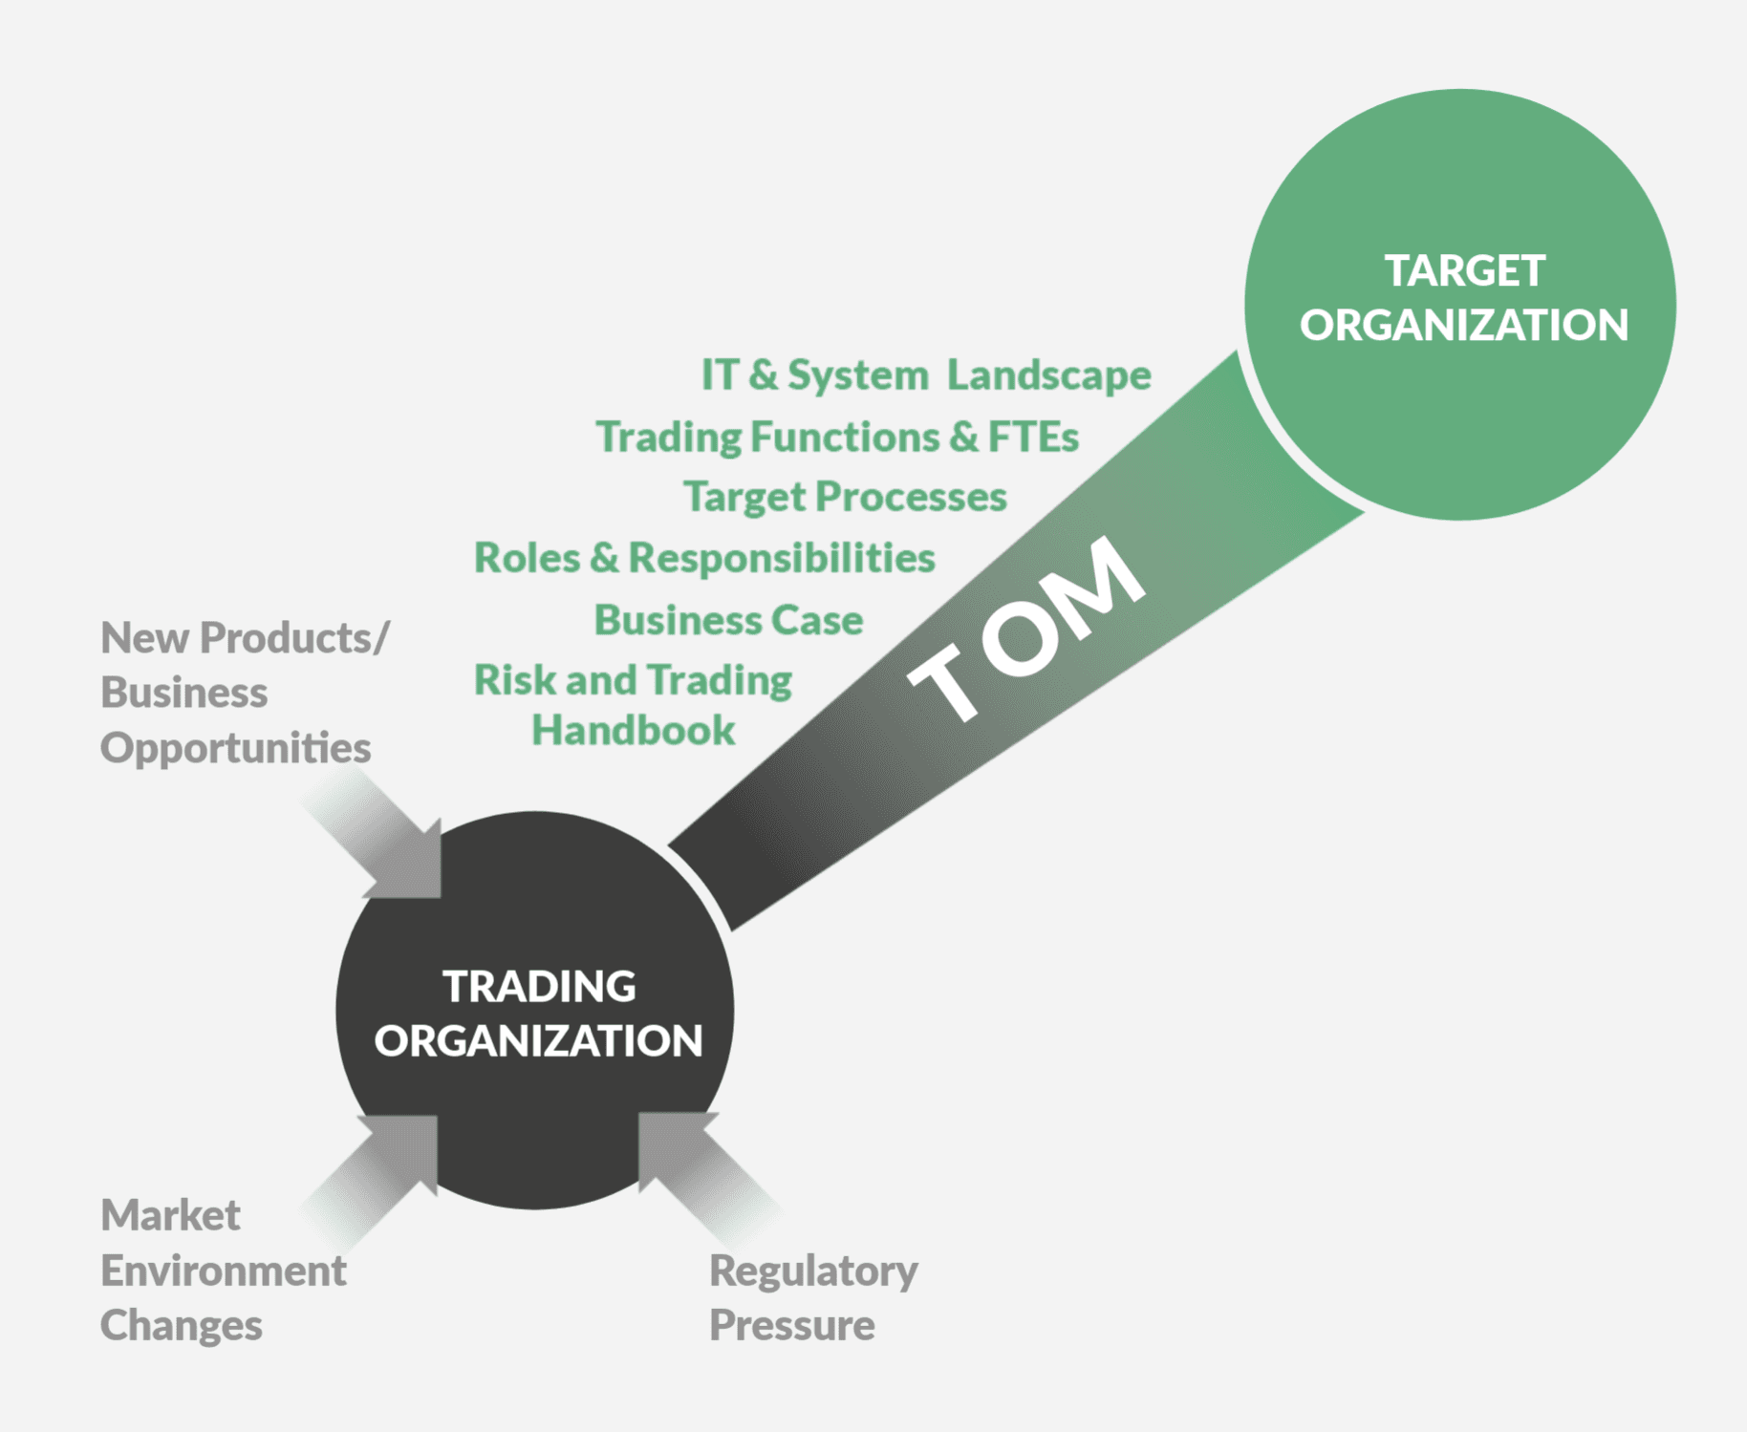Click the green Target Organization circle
[x=1459, y=305]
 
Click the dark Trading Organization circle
[x=535, y=1011]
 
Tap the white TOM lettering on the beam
[x=1026, y=628]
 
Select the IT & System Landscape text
[x=926, y=375]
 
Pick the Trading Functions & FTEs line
[x=837, y=437]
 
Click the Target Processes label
[x=845, y=498]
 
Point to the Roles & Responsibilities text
[x=704, y=558]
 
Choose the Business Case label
[x=728, y=620]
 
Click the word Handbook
[x=633, y=731]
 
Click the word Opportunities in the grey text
[x=235, y=749]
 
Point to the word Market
[x=170, y=1215]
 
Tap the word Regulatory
[x=813, y=1272]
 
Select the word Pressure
[x=791, y=1325]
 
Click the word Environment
[x=223, y=1271]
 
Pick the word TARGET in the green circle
[x=1465, y=270]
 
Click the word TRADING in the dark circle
[x=539, y=987]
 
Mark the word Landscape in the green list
[x=1049, y=375]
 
